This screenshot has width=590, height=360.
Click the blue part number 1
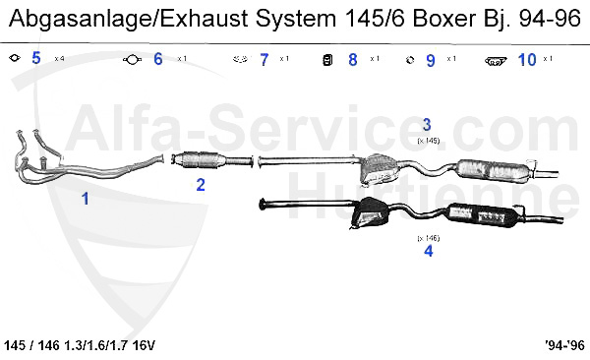pos(86,198)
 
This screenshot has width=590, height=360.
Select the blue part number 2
pos(201,184)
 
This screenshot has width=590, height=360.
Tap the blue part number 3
pos(427,125)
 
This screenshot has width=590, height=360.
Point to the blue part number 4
pos(428,251)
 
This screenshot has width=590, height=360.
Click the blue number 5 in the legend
pos(36,59)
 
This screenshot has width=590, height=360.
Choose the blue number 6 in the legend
pos(157,59)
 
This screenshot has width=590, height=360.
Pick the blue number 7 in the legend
pos(264,60)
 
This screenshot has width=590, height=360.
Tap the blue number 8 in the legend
pos(353,60)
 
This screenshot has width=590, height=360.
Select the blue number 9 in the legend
pos(431,60)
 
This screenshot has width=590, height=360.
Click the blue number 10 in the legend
pos(526,60)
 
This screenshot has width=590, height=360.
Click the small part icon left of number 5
pos(14,59)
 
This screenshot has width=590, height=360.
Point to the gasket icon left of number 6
pos(131,60)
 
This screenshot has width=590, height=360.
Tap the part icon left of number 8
pos(327,60)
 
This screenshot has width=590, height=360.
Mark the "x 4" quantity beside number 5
pos(58,60)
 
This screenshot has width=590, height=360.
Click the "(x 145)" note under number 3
pos(427,141)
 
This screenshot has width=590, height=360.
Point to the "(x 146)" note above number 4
pos(428,237)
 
